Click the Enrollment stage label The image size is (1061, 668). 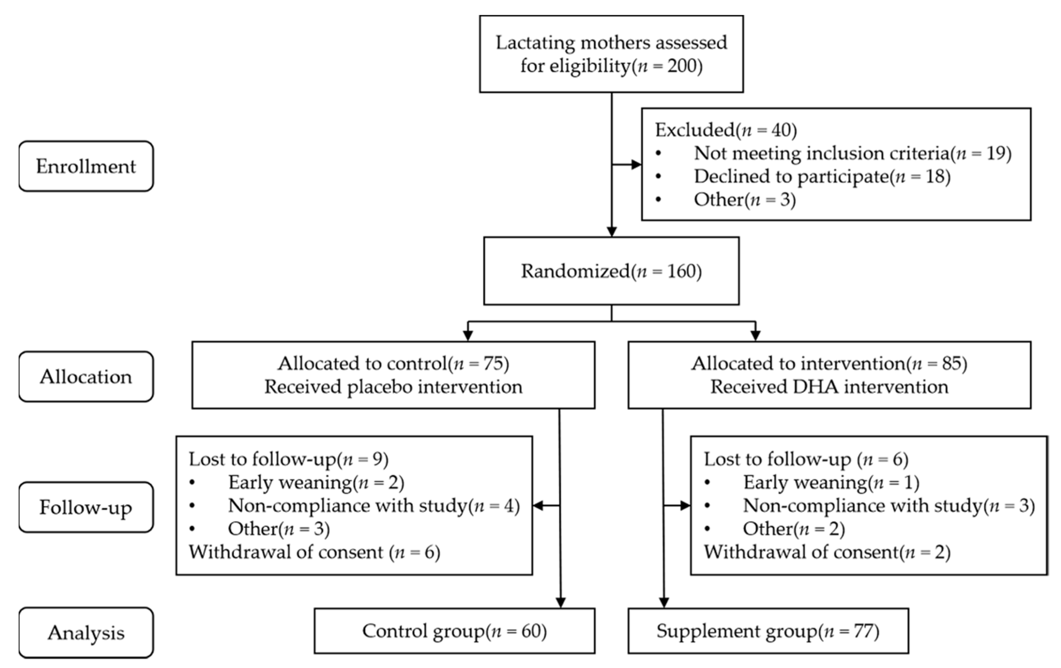(86, 166)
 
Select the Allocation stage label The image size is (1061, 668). (86, 376)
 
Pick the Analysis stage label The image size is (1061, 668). (86, 633)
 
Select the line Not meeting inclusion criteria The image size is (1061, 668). (852, 153)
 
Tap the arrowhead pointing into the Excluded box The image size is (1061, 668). (636, 164)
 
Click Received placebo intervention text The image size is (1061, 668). (393, 387)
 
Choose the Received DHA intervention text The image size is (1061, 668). (829, 387)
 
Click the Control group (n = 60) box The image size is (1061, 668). (454, 631)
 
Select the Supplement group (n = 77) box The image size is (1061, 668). (768, 631)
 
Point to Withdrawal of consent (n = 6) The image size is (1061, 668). (315, 552)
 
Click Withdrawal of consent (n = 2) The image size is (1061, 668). (827, 552)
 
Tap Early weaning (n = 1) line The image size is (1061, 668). (831, 482)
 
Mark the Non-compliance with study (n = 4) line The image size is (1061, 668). (374, 506)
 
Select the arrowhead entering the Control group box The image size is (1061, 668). (560, 602)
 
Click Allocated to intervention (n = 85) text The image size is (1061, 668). (829, 363)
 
